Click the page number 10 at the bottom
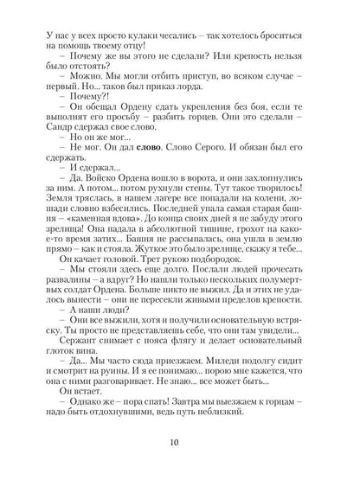(x=180, y=446)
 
